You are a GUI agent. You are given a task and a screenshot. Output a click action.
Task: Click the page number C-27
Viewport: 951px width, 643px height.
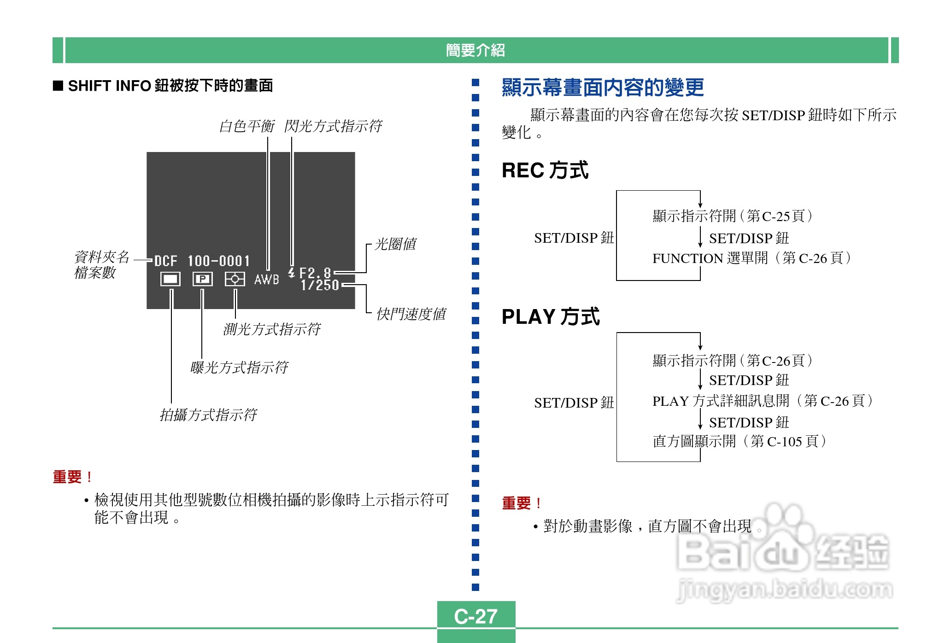tap(475, 616)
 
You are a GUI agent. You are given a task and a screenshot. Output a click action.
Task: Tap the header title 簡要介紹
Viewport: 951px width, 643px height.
tap(475, 50)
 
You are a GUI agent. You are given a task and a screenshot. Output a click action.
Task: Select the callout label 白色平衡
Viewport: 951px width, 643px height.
tap(247, 126)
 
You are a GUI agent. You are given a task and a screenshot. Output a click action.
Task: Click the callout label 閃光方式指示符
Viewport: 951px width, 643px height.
tap(333, 126)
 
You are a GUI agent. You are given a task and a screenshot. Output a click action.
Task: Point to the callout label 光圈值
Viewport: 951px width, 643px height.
tap(395, 244)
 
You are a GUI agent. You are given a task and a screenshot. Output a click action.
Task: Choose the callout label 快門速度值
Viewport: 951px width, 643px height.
tap(411, 314)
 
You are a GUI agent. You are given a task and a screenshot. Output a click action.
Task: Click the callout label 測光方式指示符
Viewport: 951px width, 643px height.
tap(271, 329)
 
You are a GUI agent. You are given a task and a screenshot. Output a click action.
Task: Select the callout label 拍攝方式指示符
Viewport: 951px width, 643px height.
tap(208, 415)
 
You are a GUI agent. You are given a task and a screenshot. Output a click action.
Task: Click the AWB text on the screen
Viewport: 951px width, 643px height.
tap(266, 280)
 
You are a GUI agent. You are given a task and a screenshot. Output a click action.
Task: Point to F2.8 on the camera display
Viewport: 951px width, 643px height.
tap(315, 273)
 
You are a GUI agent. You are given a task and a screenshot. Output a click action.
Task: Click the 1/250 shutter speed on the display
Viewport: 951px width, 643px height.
tap(320, 286)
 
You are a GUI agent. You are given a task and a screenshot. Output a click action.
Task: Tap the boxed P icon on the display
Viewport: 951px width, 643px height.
tap(202, 279)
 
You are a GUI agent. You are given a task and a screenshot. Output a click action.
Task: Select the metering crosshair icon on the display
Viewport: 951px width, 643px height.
tap(235, 279)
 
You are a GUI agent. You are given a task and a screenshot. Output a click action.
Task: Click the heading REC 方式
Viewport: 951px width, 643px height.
tap(545, 170)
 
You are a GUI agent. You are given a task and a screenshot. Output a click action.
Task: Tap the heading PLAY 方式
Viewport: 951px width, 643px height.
tap(550, 317)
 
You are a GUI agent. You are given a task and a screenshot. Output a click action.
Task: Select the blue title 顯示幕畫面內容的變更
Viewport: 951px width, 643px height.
tap(602, 88)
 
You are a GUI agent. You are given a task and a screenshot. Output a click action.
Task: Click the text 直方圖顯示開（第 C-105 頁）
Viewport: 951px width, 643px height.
tap(739, 441)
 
